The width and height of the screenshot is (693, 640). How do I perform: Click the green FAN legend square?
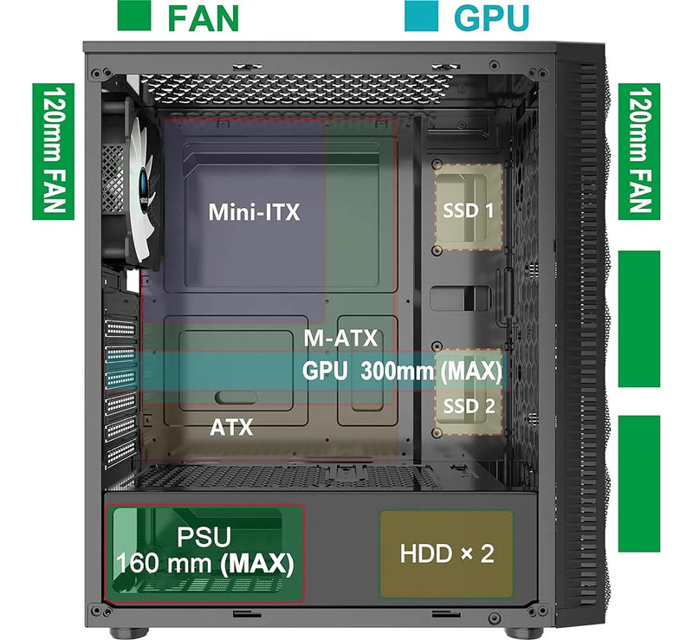(x=134, y=16)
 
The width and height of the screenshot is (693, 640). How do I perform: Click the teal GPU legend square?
(x=422, y=16)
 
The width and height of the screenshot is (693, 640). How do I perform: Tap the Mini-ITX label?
(x=254, y=212)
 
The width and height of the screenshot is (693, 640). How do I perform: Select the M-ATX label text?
(x=340, y=339)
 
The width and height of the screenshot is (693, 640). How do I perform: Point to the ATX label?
(x=231, y=427)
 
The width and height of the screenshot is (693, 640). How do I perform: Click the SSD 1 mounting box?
(x=468, y=208)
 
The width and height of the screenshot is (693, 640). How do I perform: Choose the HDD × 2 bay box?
(x=446, y=553)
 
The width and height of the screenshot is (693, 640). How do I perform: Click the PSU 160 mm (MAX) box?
(x=205, y=552)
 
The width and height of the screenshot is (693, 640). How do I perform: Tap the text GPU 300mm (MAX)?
(x=402, y=371)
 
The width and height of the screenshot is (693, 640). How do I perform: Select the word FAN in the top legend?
(x=204, y=16)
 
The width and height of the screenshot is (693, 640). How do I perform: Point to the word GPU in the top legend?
(x=492, y=16)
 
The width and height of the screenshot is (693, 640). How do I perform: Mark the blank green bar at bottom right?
(x=639, y=482)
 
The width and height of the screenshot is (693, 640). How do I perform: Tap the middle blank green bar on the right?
(x=639, y=319)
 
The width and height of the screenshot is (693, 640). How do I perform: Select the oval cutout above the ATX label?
(x=236, y=397)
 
